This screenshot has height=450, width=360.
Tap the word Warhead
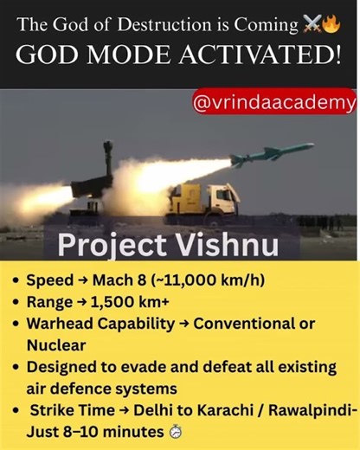tap(59, 324)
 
